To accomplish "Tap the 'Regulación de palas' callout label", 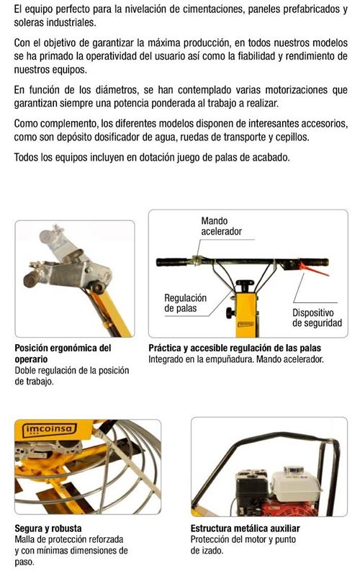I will coord(185,303).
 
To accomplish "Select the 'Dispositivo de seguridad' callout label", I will coord(317,318).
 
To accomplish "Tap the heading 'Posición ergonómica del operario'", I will coord(63,353).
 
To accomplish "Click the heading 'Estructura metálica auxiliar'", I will coord(245,528).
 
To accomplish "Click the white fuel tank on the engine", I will coord(292,485).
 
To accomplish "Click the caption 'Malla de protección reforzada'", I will coord(69,539).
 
